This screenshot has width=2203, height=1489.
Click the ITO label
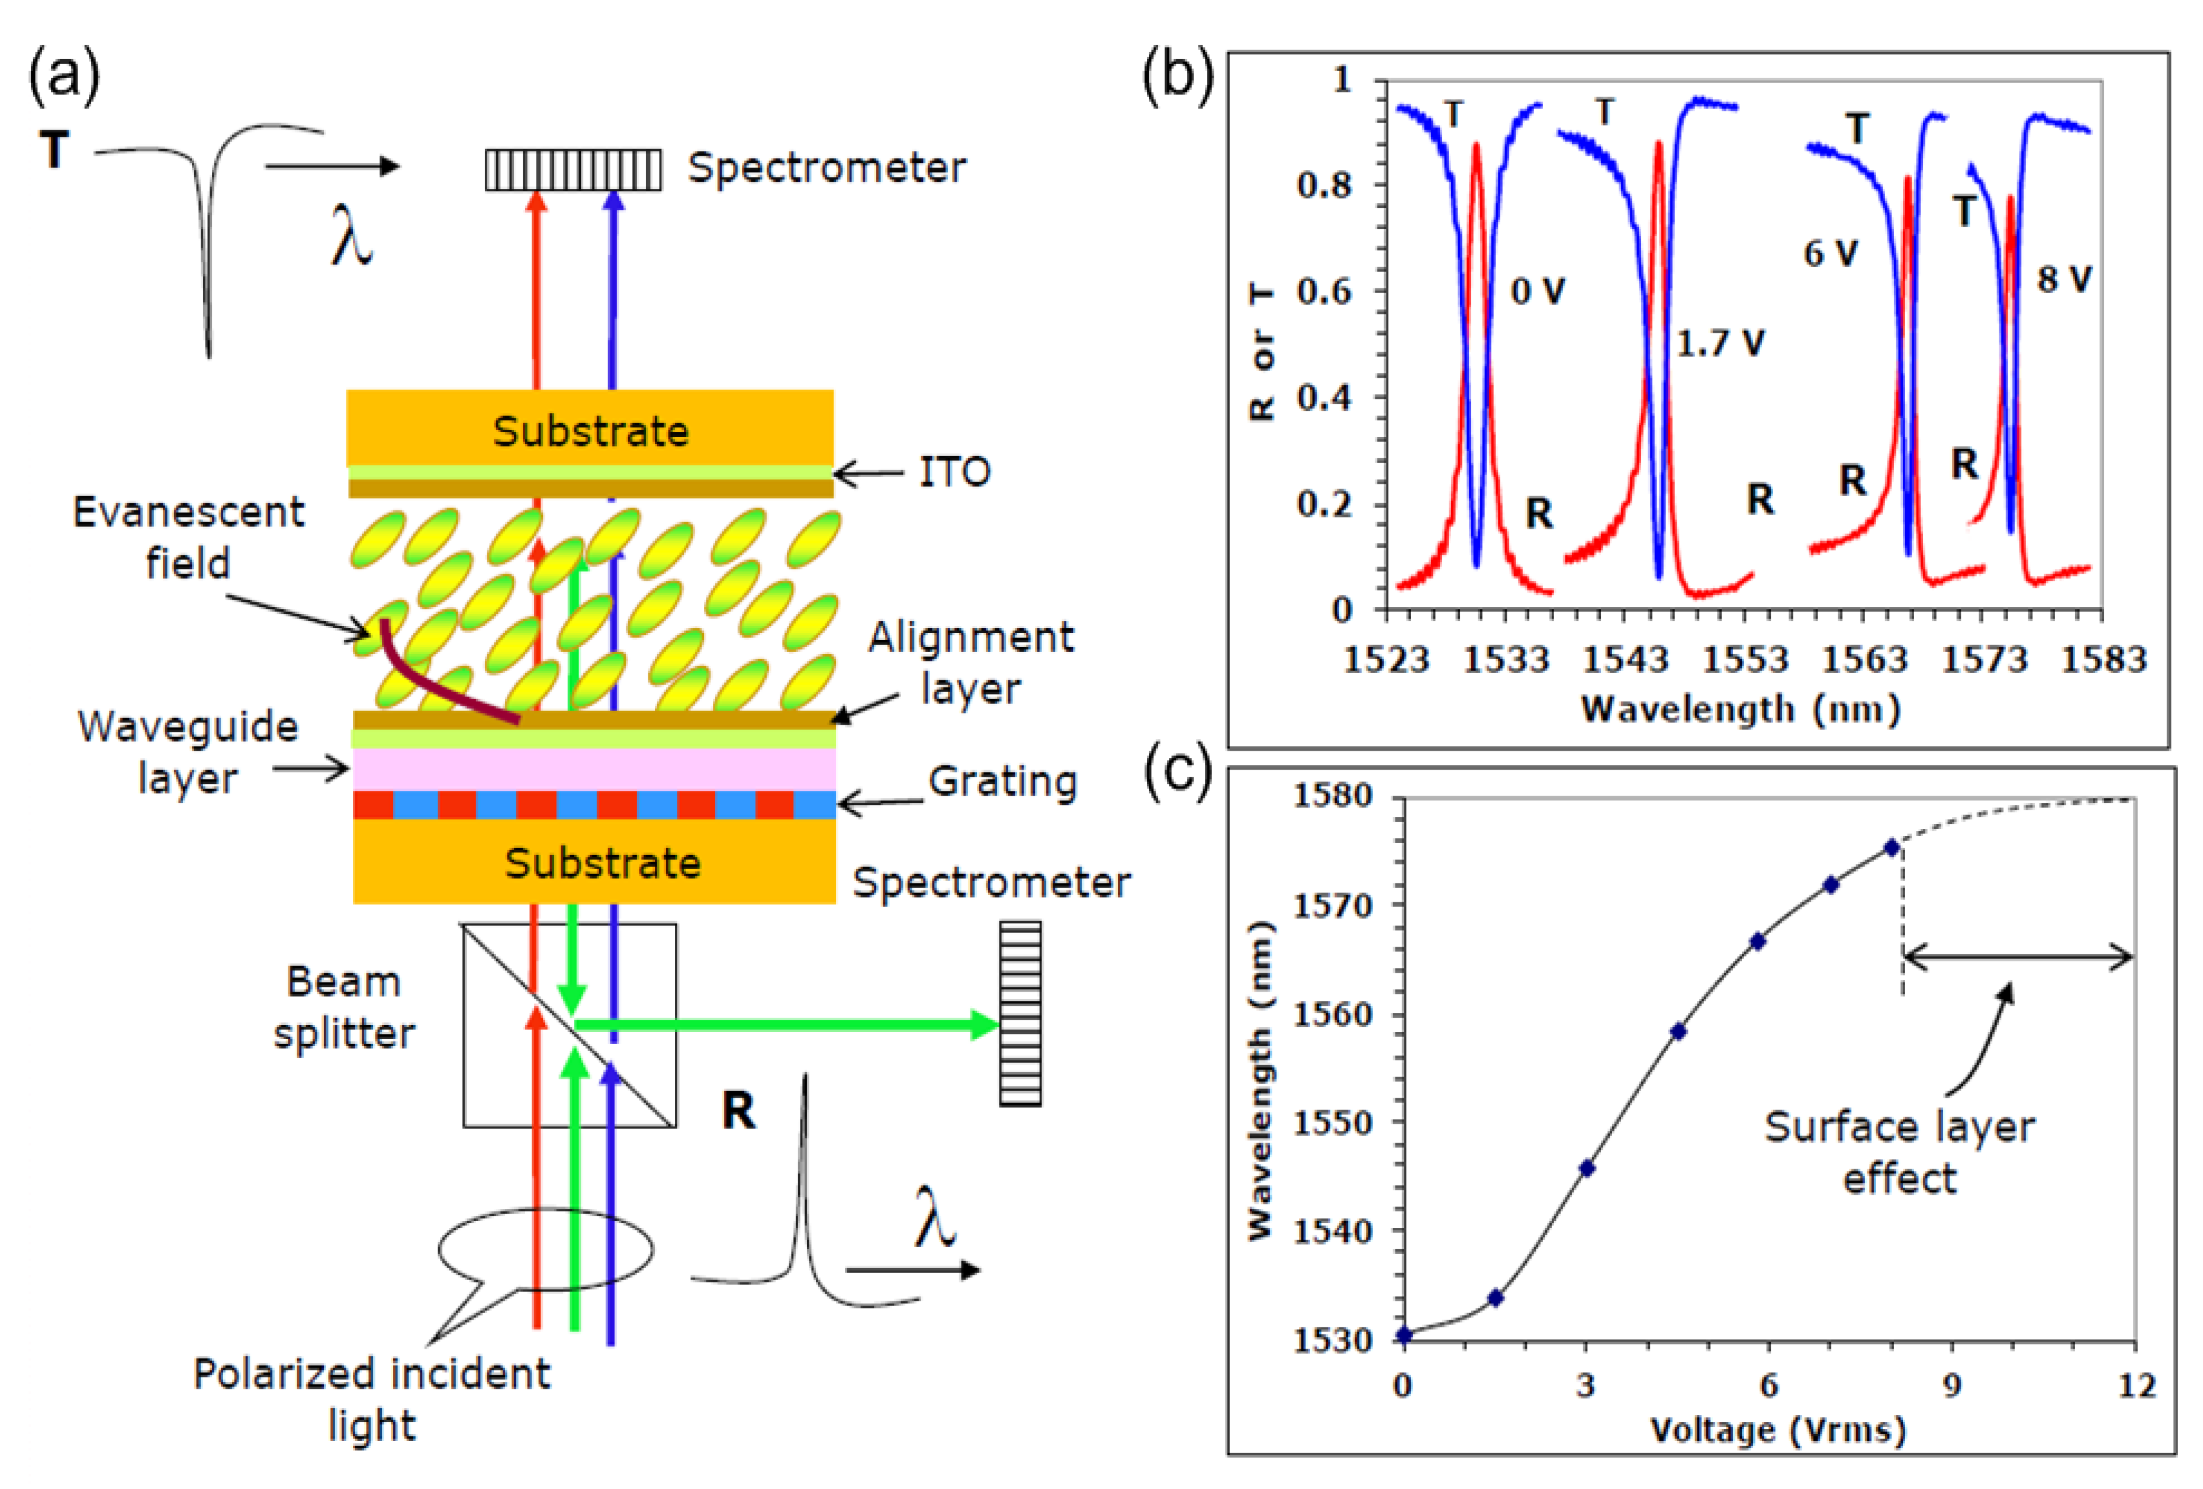point(954,471)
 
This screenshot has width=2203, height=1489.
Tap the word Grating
point(1002,782)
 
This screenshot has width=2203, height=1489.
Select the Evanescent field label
point(189,538)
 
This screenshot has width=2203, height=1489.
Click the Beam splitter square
point(569,1025)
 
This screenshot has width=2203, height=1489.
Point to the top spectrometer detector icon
point(573,171)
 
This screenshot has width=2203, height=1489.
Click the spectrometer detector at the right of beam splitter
point(1020,1013)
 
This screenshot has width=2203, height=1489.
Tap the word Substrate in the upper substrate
point(590,431)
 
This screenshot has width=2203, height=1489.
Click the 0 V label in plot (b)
point(1536,291)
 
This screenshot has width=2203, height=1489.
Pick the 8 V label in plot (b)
point(2064,279)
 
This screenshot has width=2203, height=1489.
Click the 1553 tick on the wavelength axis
point(1744,660)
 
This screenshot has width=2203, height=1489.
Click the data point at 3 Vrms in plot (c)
point(1587,1168)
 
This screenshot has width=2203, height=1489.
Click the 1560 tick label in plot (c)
point(1333,1014)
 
